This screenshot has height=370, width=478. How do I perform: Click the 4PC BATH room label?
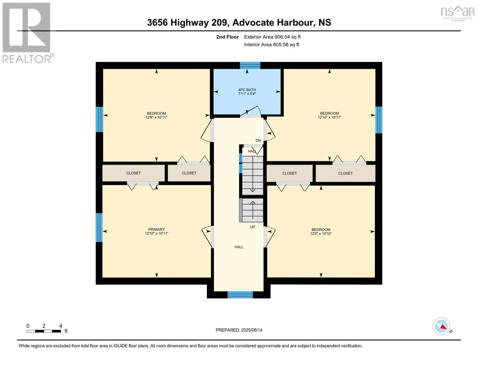(x=247, y=90)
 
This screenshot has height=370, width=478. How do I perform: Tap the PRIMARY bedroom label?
(x=156, y=229)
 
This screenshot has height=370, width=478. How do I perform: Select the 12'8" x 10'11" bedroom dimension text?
(x=156, y=117)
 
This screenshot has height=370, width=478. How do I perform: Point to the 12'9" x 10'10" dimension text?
(x=321, y=233)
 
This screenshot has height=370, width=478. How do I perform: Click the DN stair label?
(x=258, y=140)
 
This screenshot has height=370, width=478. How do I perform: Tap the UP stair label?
(x=252, y=227)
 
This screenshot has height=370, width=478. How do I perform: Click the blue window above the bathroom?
(x=250, y=65)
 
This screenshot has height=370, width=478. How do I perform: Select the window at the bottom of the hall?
(x=240, y=295)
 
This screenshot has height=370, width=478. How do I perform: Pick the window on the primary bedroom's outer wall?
(x=99, y=228)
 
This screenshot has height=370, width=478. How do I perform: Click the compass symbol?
(x=441, y=326)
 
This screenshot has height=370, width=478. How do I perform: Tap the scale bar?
(x=44, y=331)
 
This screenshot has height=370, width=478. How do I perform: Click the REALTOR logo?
(x=28, y=33)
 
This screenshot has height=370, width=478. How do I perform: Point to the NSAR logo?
(x=458, y=13)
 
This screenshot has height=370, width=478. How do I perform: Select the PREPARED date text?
(x=239, y=330)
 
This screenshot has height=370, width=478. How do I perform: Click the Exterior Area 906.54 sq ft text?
(x=272, y=37)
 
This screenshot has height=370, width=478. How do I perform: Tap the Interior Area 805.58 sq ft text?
(x=271, y=44)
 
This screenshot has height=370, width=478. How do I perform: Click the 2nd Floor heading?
(x=227, y=37)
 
